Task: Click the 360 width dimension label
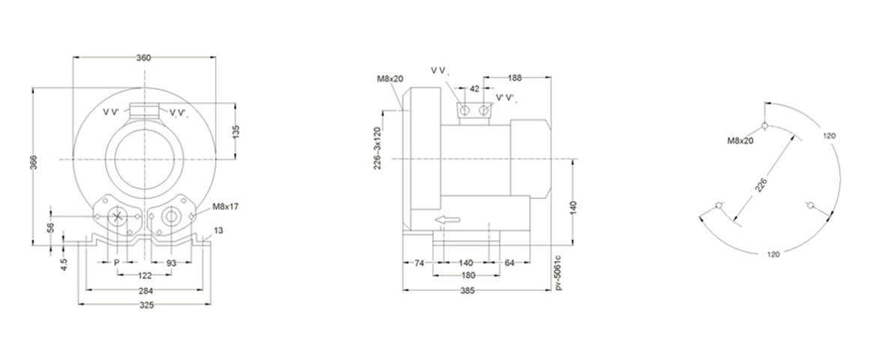[144, 58]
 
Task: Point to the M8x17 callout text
[225, 206]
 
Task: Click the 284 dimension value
[145, 290]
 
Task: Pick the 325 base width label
[146, 304]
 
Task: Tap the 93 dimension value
[171, 262]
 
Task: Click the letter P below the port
[116, 262]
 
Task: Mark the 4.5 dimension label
[65, 264]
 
